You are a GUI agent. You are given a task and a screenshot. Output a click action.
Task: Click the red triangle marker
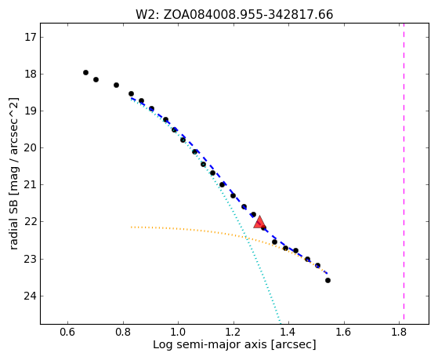click(x=259, y=222)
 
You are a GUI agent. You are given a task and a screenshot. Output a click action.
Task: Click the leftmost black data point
click(x=85, y=72)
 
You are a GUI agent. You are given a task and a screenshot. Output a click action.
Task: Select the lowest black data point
click(x=328, y=280)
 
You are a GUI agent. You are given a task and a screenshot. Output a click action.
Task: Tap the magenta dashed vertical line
click(x=404, y=171)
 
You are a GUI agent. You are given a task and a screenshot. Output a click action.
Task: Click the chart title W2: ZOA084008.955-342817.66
click(x=234, y=15)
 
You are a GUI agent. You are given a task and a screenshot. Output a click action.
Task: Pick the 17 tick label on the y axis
click(x=31, y=37)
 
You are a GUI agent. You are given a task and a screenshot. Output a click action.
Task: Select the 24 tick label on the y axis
click(x=31, y=296)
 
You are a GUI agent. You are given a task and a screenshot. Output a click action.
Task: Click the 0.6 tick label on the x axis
click(x=67, y=332)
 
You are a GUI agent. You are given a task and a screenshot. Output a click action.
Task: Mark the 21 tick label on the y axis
click(x=31, y=185)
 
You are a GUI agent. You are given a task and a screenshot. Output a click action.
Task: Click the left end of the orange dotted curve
click(x=131, y=227)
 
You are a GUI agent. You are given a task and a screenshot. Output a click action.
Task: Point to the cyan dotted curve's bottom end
click(x=281, y=320)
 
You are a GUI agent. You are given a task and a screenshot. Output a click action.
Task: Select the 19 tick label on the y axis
click(x=31, y=111)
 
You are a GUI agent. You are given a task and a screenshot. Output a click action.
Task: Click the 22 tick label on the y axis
click(x=31, y=222)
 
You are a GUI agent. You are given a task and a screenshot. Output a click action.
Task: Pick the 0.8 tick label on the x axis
click(x=123, y=332)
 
